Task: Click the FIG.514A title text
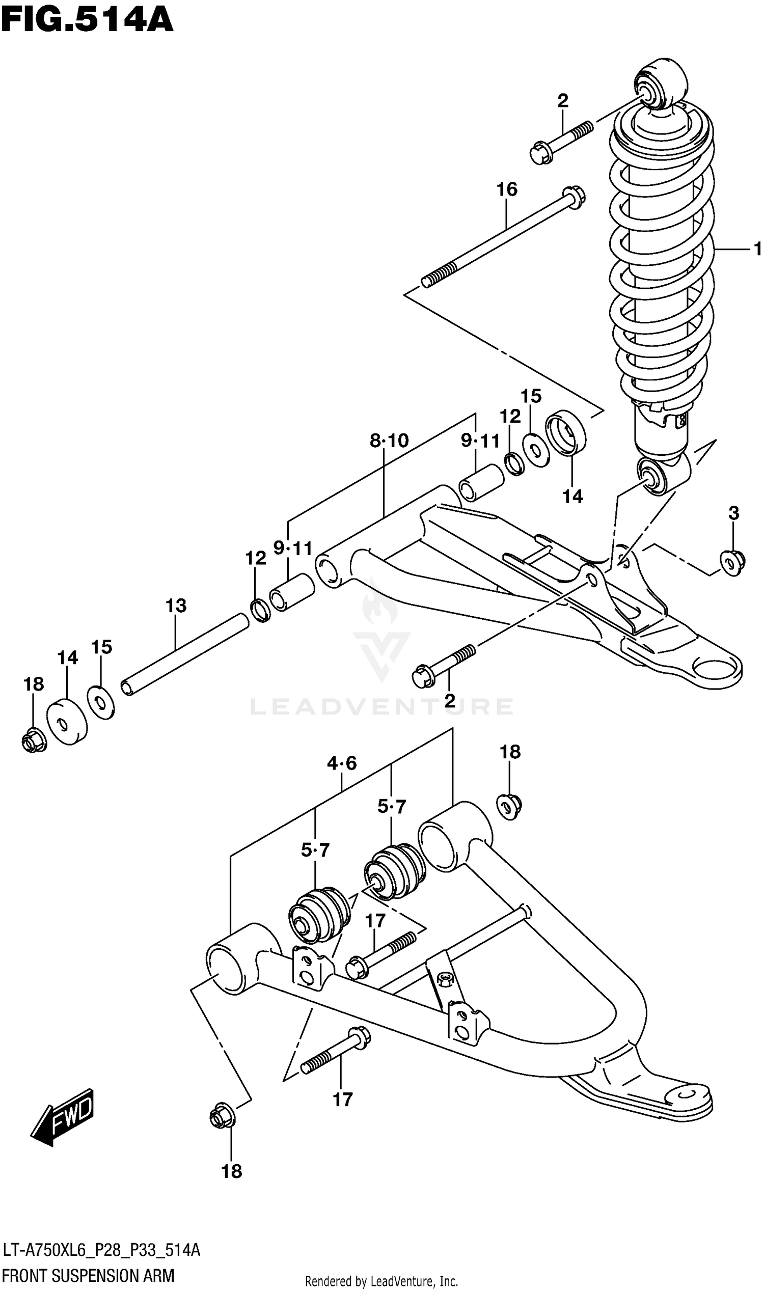click(87, 20)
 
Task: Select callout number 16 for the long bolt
click(507, 189)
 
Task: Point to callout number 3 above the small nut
click(733, 513)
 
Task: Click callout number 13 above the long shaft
click(176, 606)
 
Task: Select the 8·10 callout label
click(389, 441)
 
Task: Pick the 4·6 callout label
click(342, 763)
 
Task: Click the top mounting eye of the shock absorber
click(660, 84)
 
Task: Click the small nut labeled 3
click(731, 562)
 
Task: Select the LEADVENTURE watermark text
click(381, 706)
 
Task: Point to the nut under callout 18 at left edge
click(34, 741)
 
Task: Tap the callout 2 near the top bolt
click(563, 101)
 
